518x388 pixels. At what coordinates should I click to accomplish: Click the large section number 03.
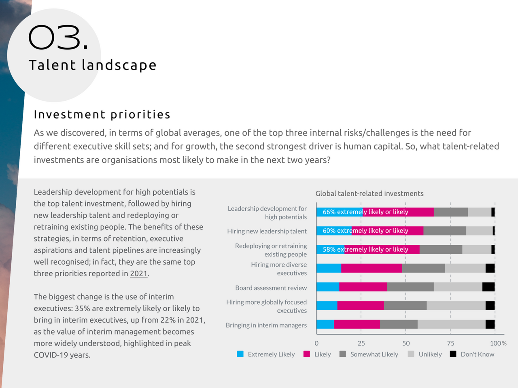click(x=58, y=38)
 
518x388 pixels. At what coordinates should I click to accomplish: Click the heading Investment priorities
click(x=102, y=114)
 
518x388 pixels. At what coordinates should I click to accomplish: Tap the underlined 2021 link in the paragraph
click(x=139, y=274)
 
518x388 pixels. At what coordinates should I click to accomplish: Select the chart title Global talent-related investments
click(x=369, y=193)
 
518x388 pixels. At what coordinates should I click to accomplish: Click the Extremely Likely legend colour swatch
click(x=240, y=354)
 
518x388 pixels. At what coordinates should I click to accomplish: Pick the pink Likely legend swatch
click(x=307, y=354)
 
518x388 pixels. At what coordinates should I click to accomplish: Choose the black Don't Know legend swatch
click(x=453, y=354)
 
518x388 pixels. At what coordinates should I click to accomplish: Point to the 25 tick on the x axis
click(x=361, y=343)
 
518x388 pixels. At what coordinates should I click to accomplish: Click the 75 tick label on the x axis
click(x=450, y=343)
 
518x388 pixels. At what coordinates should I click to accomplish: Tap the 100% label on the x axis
click(x=498, y=343)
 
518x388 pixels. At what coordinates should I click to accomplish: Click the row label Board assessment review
click(x=271, y=288)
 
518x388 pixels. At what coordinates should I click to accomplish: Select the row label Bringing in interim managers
click(x=266, y=325)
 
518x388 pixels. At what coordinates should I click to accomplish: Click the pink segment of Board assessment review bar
click(x=363, y=287)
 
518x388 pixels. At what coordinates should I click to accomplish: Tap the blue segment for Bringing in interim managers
click(x=325, y=324)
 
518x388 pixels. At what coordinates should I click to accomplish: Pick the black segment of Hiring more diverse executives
click(x=490, y=268)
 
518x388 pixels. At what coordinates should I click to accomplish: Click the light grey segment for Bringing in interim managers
click(x=451, y=324)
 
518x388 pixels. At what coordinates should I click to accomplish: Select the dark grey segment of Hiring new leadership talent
click(x=444, y=231)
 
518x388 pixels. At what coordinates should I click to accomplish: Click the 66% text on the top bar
click(x=329, y=212)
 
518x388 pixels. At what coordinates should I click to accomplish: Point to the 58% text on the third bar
click(x=329, y=249)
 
